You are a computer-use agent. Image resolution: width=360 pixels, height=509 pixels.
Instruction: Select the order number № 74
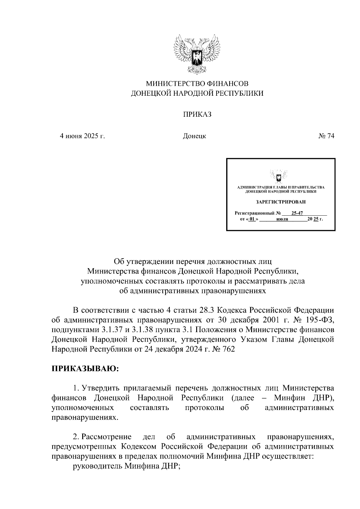[x=326, y=136]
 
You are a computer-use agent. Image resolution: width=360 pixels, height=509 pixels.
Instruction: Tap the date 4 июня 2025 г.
[x=82, y=136]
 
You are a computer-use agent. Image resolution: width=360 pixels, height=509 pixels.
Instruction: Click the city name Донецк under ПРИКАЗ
[x=194, y=136]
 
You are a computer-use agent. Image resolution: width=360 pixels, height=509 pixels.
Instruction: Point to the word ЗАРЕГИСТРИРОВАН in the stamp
[x=280, y=202]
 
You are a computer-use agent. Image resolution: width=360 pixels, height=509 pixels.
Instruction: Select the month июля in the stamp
[x=282, y=219]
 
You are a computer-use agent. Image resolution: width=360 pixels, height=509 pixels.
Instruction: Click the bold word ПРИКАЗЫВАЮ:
[x=85, y=369]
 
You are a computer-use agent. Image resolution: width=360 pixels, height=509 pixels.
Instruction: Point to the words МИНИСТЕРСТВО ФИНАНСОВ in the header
[x=197, y=83]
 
